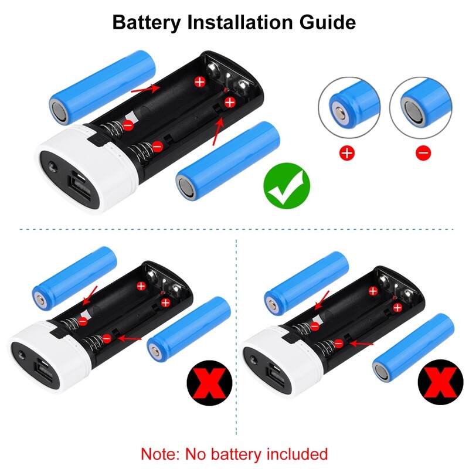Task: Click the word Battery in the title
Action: click(x=147, y=22)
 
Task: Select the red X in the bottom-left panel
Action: click(x=209, y=385)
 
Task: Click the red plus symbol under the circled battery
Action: click(x=348, y=154)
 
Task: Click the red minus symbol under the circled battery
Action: click(x=423, y=154)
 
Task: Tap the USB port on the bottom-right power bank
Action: click(x=276, y=371)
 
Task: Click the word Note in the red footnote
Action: click(x=160, y=453)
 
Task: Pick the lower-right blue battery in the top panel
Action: click(x=229, y=161)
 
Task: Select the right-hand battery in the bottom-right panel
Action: click(x=414, y=346)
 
